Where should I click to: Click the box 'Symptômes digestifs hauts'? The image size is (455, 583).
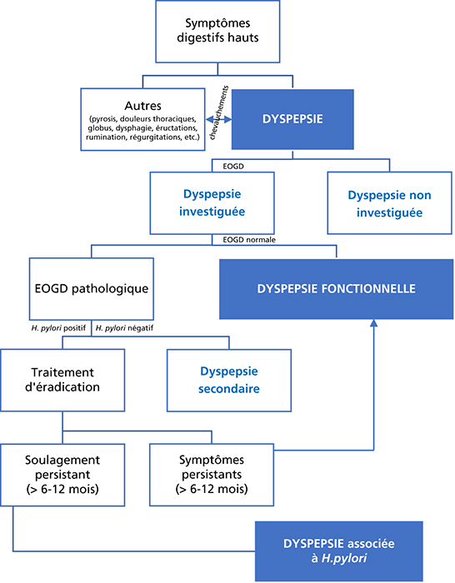[217, 32]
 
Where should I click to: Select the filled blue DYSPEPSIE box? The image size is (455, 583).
[292, 119]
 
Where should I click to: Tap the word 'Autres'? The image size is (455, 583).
[142, 106]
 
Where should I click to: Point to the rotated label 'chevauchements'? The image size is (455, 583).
[219, 112]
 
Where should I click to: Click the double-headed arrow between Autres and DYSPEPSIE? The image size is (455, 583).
[219, 119]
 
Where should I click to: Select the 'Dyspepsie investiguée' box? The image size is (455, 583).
[212, 203]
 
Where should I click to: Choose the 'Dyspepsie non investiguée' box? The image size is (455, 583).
[389, 203]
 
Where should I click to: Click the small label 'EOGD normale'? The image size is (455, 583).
[249, 240]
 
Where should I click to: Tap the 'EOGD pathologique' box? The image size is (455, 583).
[91, 288]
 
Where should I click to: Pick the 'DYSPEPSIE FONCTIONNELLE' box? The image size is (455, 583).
[337, 289]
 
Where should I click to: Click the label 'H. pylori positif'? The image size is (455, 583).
[58, 328]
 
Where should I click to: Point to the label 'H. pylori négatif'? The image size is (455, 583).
[124, 328]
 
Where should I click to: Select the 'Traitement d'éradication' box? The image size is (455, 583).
[62, 380]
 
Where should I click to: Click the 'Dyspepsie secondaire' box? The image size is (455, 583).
[229, 380]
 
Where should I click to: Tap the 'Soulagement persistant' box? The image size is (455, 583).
[62, 475]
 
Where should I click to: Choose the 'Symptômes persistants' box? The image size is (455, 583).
[212, 475]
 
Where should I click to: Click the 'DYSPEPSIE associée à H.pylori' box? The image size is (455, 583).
[339, 551]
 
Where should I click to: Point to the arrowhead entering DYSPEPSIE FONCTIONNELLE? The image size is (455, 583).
[374, 323]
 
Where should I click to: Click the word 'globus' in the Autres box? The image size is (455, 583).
[100, 128]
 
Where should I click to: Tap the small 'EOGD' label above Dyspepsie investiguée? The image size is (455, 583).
[233, 167]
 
